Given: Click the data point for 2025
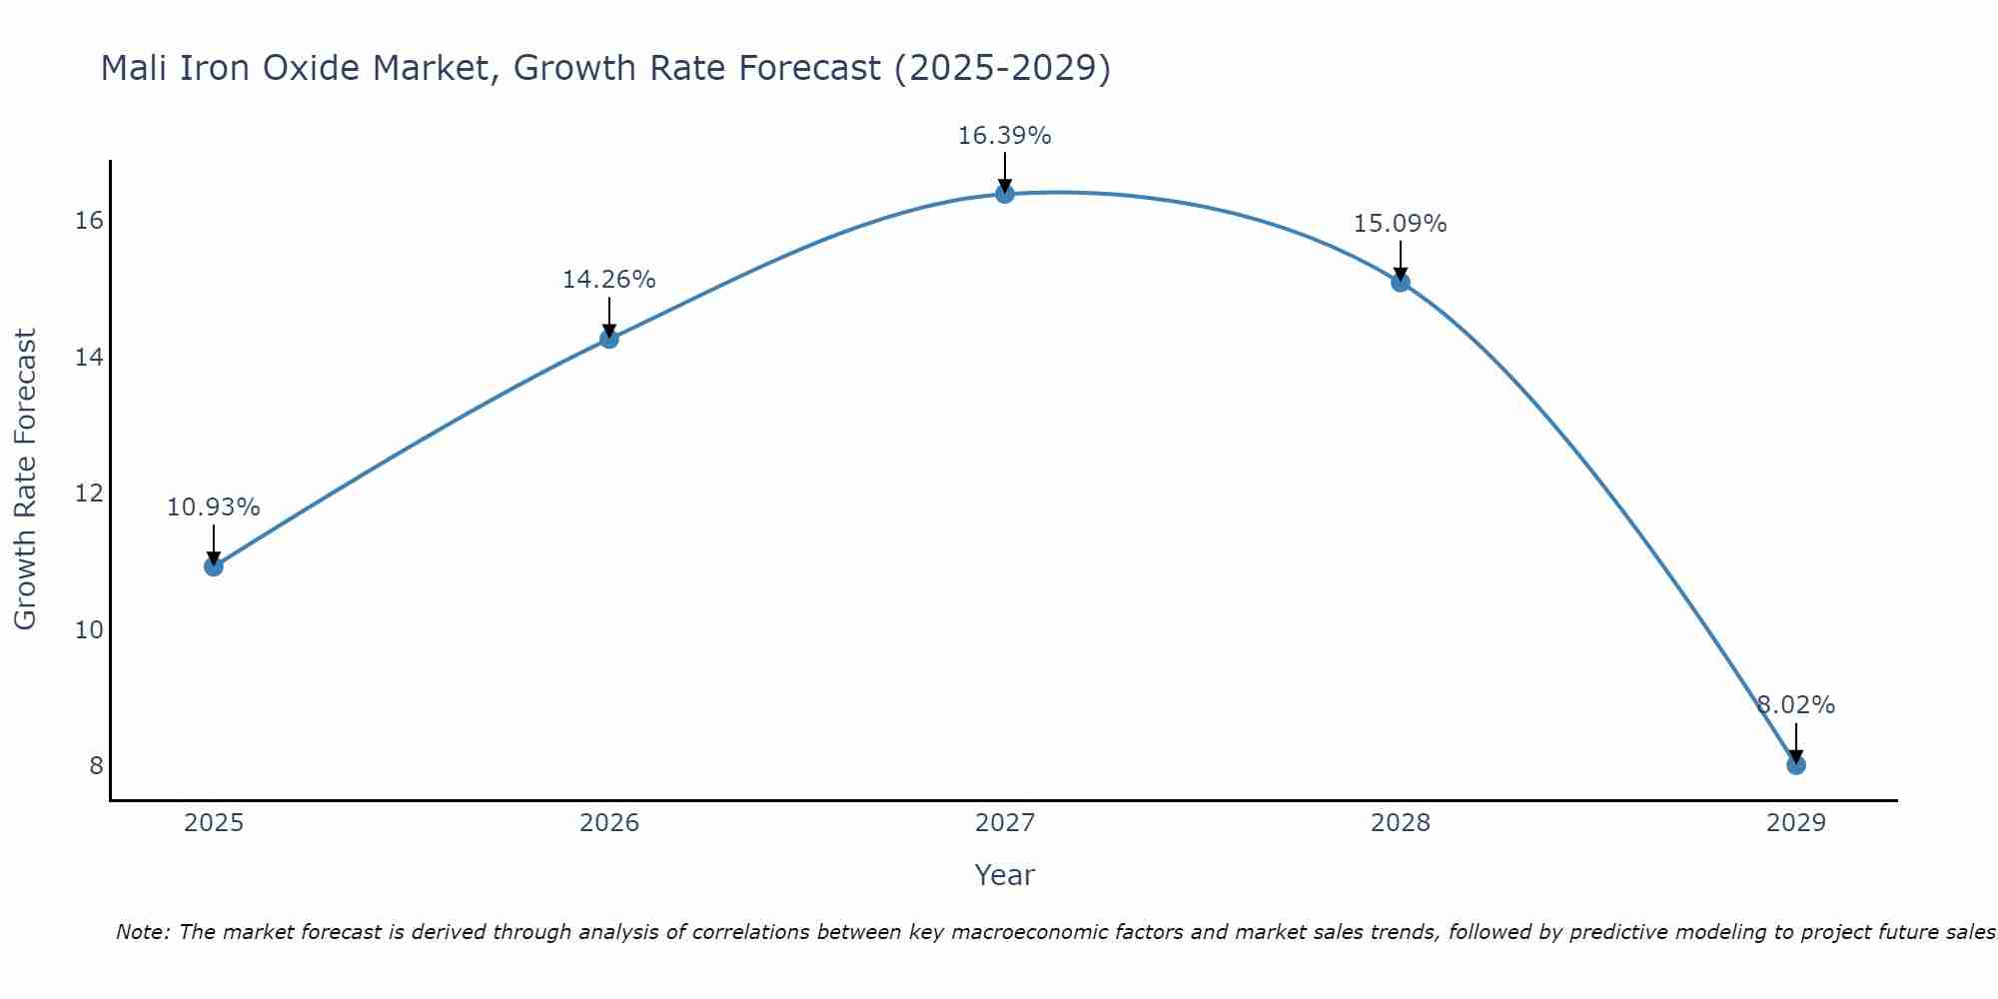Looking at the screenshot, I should [214, 566].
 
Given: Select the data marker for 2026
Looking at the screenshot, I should [609, 339].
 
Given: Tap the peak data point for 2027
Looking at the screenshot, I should [1005, 194].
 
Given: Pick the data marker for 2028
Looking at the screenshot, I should [1401, 283].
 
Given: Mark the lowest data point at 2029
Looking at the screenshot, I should [1796, 765].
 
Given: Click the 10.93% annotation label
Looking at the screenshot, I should [213, 507].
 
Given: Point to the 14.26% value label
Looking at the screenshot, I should [608, 280].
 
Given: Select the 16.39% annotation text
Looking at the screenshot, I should [1004, 136].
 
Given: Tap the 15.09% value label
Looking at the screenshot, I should [1400, 224].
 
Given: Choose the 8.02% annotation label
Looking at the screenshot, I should [1796, 705].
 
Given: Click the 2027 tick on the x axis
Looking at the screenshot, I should [1005, 823].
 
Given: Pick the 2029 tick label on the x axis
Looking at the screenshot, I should [1796, 823].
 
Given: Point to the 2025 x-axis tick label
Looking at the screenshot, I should [214, 823].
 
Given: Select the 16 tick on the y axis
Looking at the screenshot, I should [89, 221].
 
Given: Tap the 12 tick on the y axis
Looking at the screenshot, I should [89, 494].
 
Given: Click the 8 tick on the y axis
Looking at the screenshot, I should [96, 766].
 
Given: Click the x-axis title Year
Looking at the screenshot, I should [1004, 875].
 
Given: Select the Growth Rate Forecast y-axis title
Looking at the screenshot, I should [25, 480].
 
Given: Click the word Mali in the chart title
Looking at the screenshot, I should [135, 68].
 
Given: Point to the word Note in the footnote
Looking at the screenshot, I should [143, 932].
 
